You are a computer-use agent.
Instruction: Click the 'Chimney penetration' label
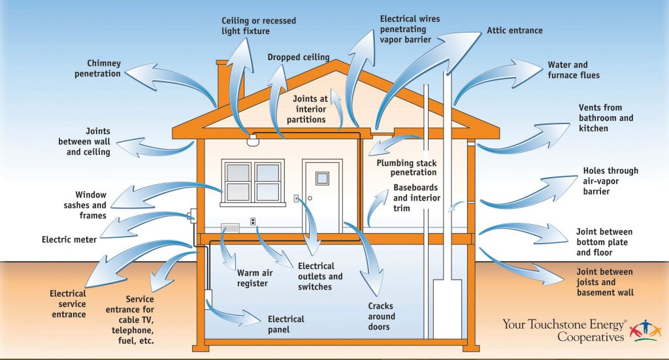click(104, 68)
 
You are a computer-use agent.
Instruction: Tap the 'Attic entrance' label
click(515, 31)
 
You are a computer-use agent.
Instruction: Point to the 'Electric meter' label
click(69, 240)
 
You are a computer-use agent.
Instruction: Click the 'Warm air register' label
click(252, 278)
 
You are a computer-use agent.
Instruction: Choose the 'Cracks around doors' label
click(381, 316)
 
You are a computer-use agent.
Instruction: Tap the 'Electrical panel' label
click(286, 324)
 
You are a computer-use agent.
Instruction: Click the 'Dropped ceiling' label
click(299, 57)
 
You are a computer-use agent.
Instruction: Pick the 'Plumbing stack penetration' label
click(406, 167)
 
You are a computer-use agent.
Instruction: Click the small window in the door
click(322, 178)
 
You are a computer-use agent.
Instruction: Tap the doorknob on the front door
click(310, 197)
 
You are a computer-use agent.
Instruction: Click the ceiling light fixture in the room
click(252, 140)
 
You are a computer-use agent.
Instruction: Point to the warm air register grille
click(231, 229)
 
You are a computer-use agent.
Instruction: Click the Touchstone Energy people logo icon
click(645, 329)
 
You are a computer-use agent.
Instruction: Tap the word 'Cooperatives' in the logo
click(590, 336)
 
